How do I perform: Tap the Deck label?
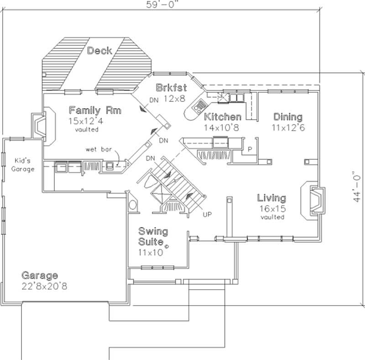coord(99,50)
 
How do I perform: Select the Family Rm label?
coord(95,110)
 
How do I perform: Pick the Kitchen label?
coord(222,116)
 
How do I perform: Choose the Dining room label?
coord(287,116)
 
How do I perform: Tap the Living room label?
coord(271,198)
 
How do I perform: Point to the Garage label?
coord(40,275)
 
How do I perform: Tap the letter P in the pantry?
coord(250,149)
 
